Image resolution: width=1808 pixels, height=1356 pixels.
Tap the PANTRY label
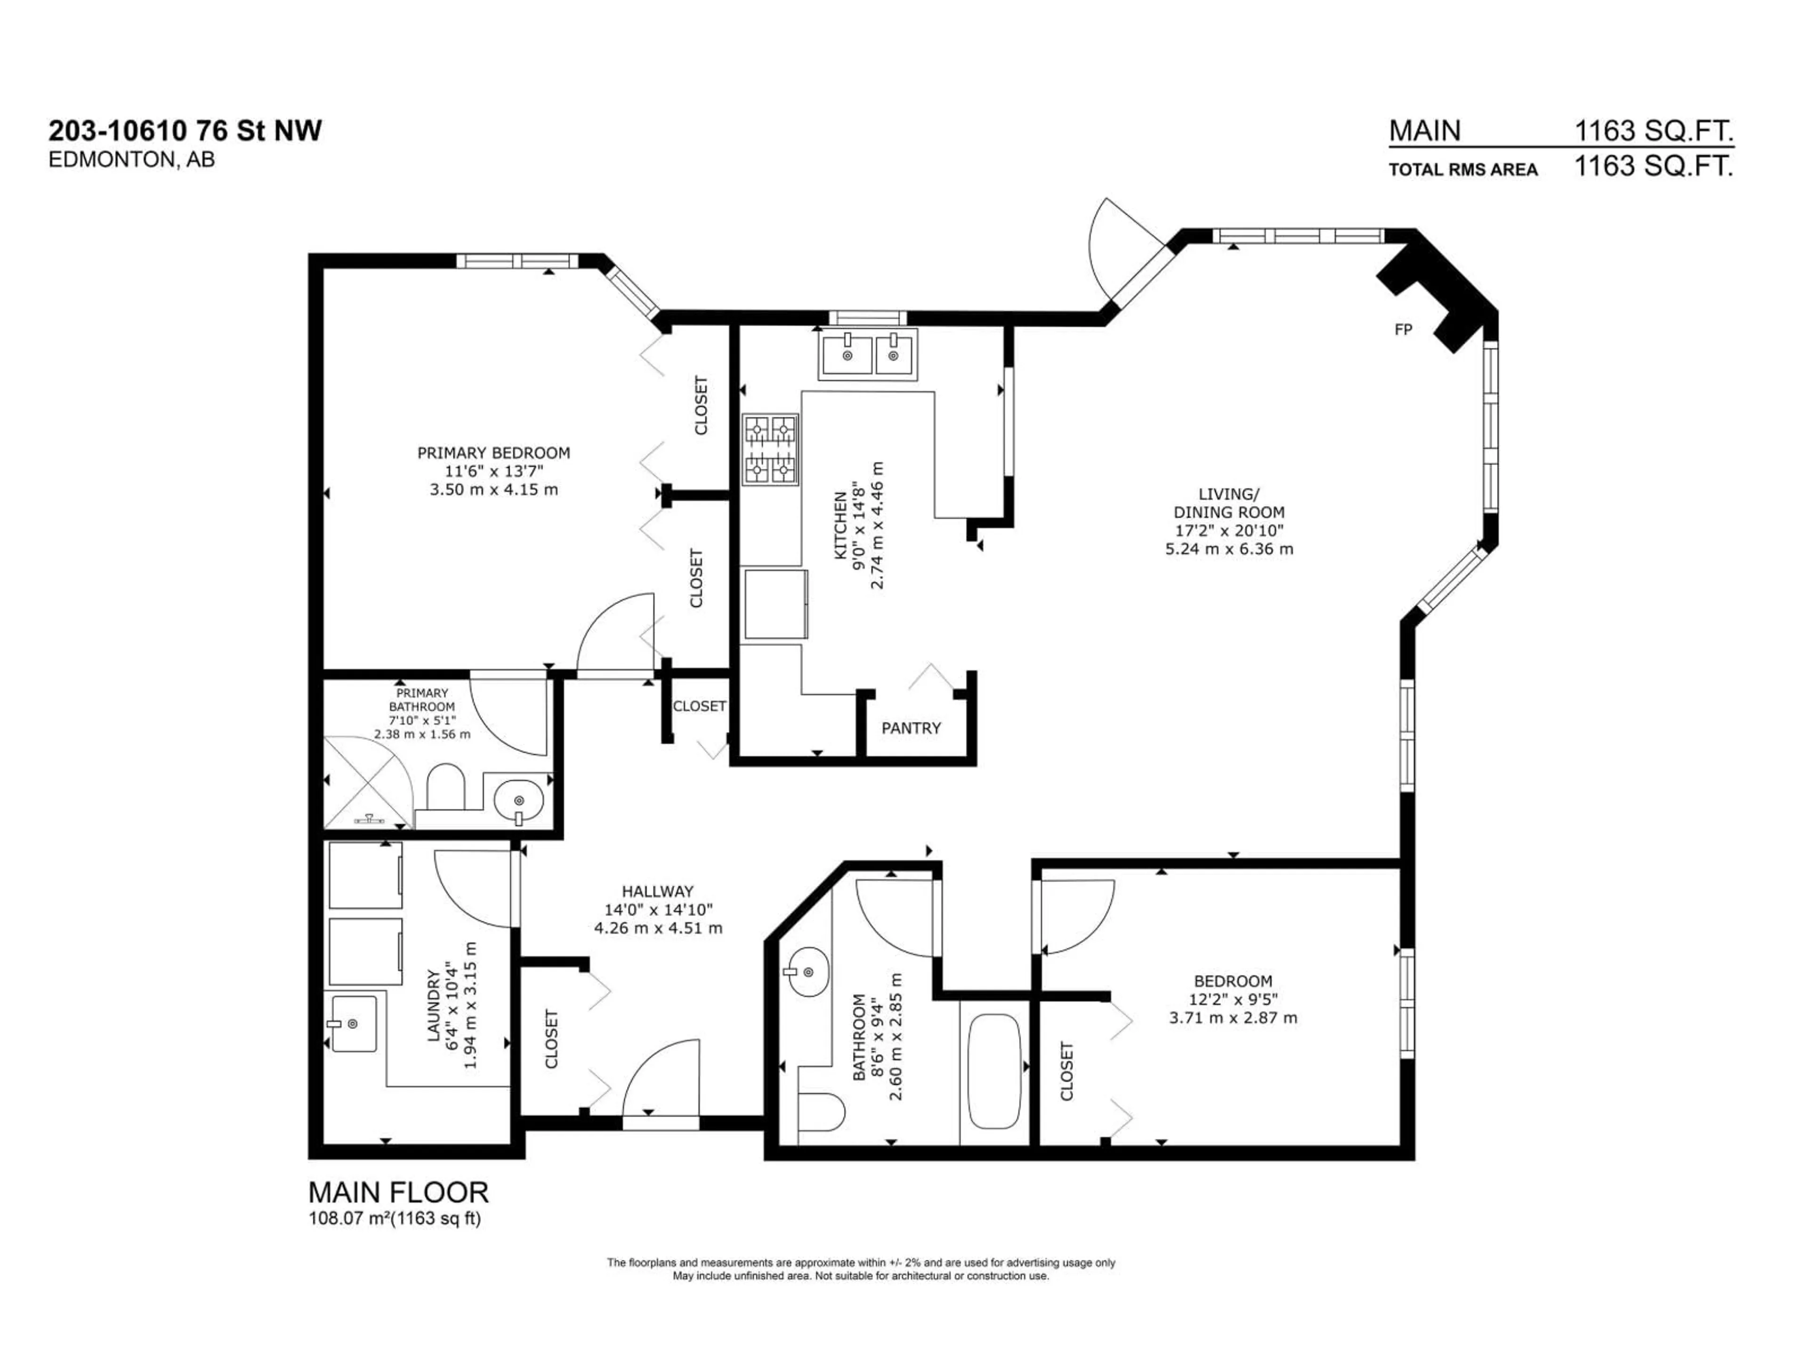911,727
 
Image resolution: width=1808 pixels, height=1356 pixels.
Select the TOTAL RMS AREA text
1463,169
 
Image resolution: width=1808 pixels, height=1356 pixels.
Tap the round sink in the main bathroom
807,972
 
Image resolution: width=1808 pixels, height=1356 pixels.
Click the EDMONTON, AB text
131,160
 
